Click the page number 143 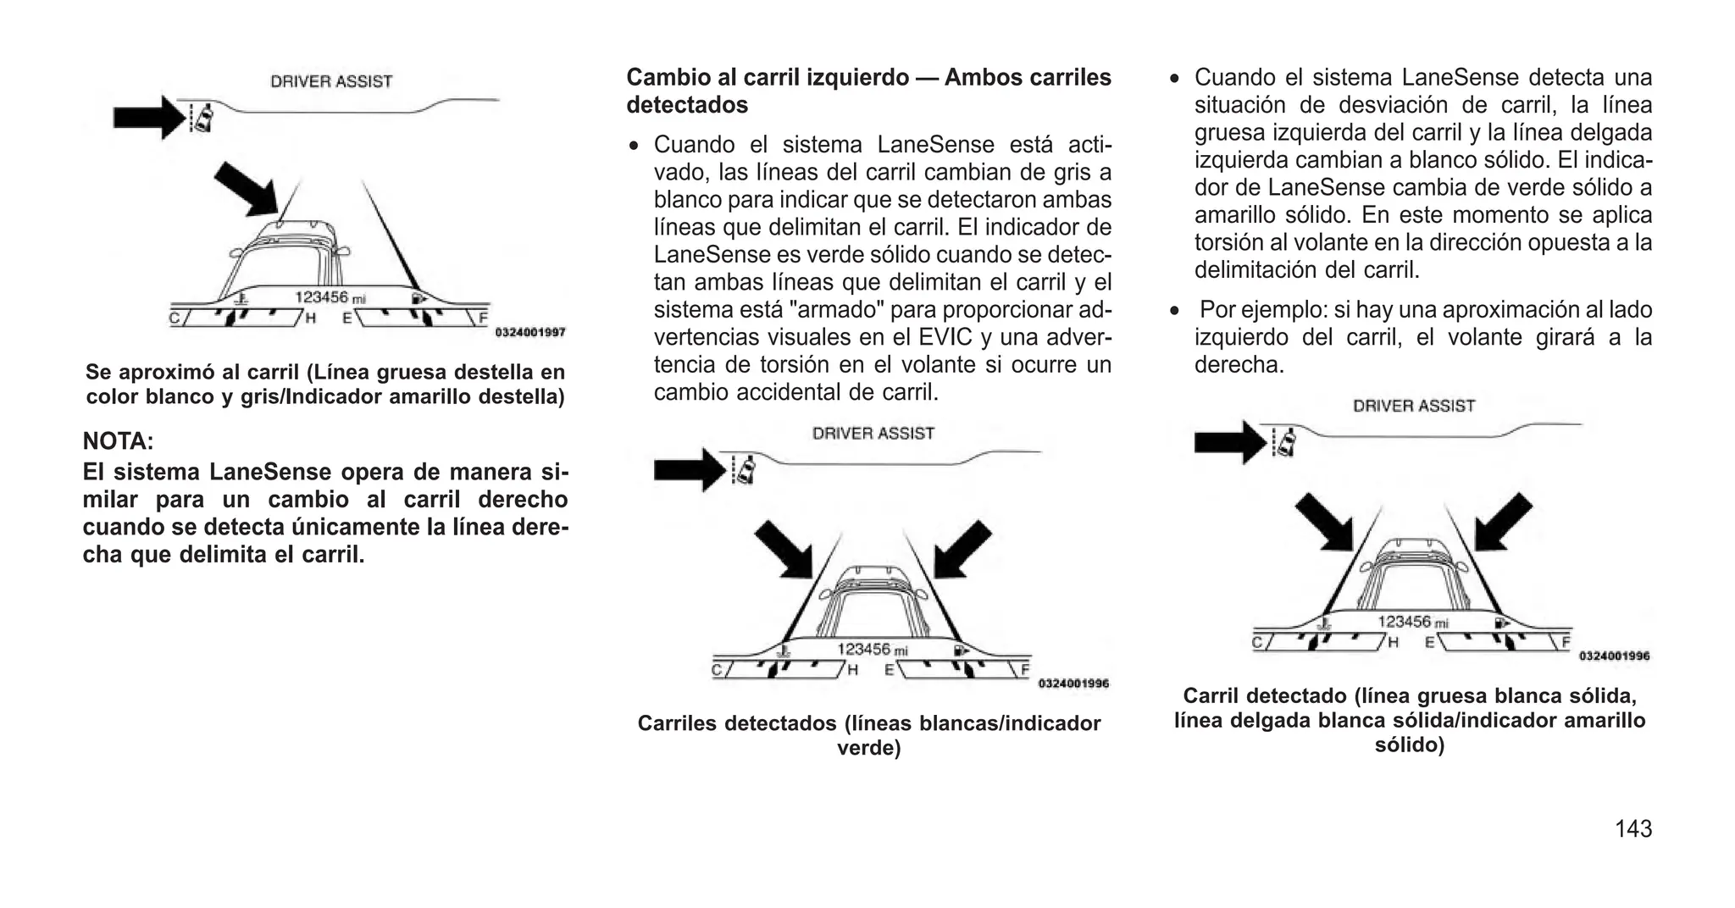coord(1632,828)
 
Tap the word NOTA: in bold coord(118,441)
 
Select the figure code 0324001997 coord(530,333)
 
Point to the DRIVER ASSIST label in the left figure coord(331,81)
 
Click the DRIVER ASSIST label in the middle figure coord(873,434)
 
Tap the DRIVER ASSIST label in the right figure coord(1413,406)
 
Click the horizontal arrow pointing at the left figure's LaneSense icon coord(147,117)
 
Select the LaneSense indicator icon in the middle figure coord(745,470)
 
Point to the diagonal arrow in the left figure coord(246,188)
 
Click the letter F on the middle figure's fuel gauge coord(1024,669)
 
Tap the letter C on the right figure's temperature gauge coord(1258,642)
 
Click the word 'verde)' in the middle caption coord(868,748)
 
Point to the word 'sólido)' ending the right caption coord(1409,745)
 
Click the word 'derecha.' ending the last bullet coord(1239,365)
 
